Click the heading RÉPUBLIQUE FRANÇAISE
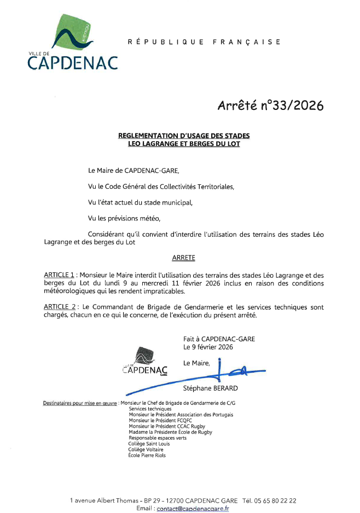tap(204, 42)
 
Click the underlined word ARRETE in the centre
tap(183, 256)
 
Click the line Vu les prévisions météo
tap(124, 218)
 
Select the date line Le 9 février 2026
tap(208, 347)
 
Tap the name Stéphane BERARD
tap(211, 388)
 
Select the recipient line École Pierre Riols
tap(147, 455)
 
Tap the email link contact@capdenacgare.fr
tap(193, 509)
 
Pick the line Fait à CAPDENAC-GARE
tap(219, 339)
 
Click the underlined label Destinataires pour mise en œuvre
tap(80, 403)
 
